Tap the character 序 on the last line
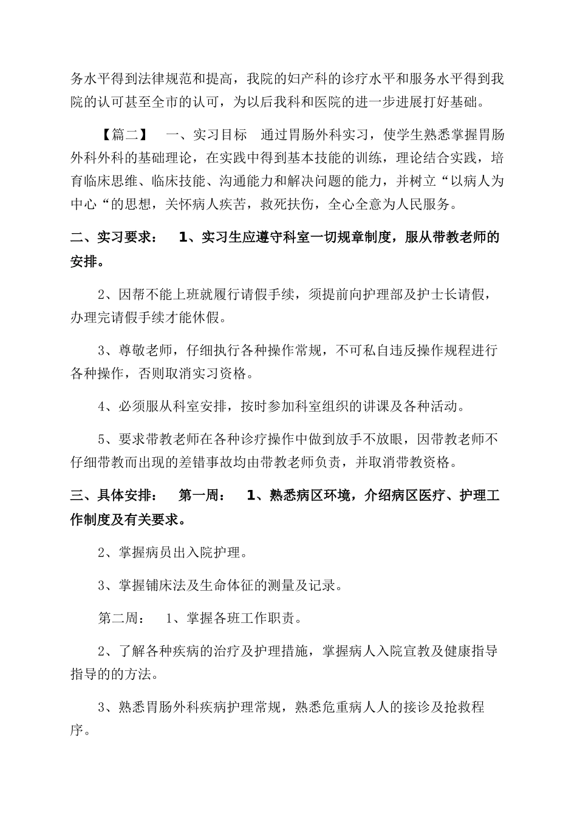[x=77, y=730]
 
